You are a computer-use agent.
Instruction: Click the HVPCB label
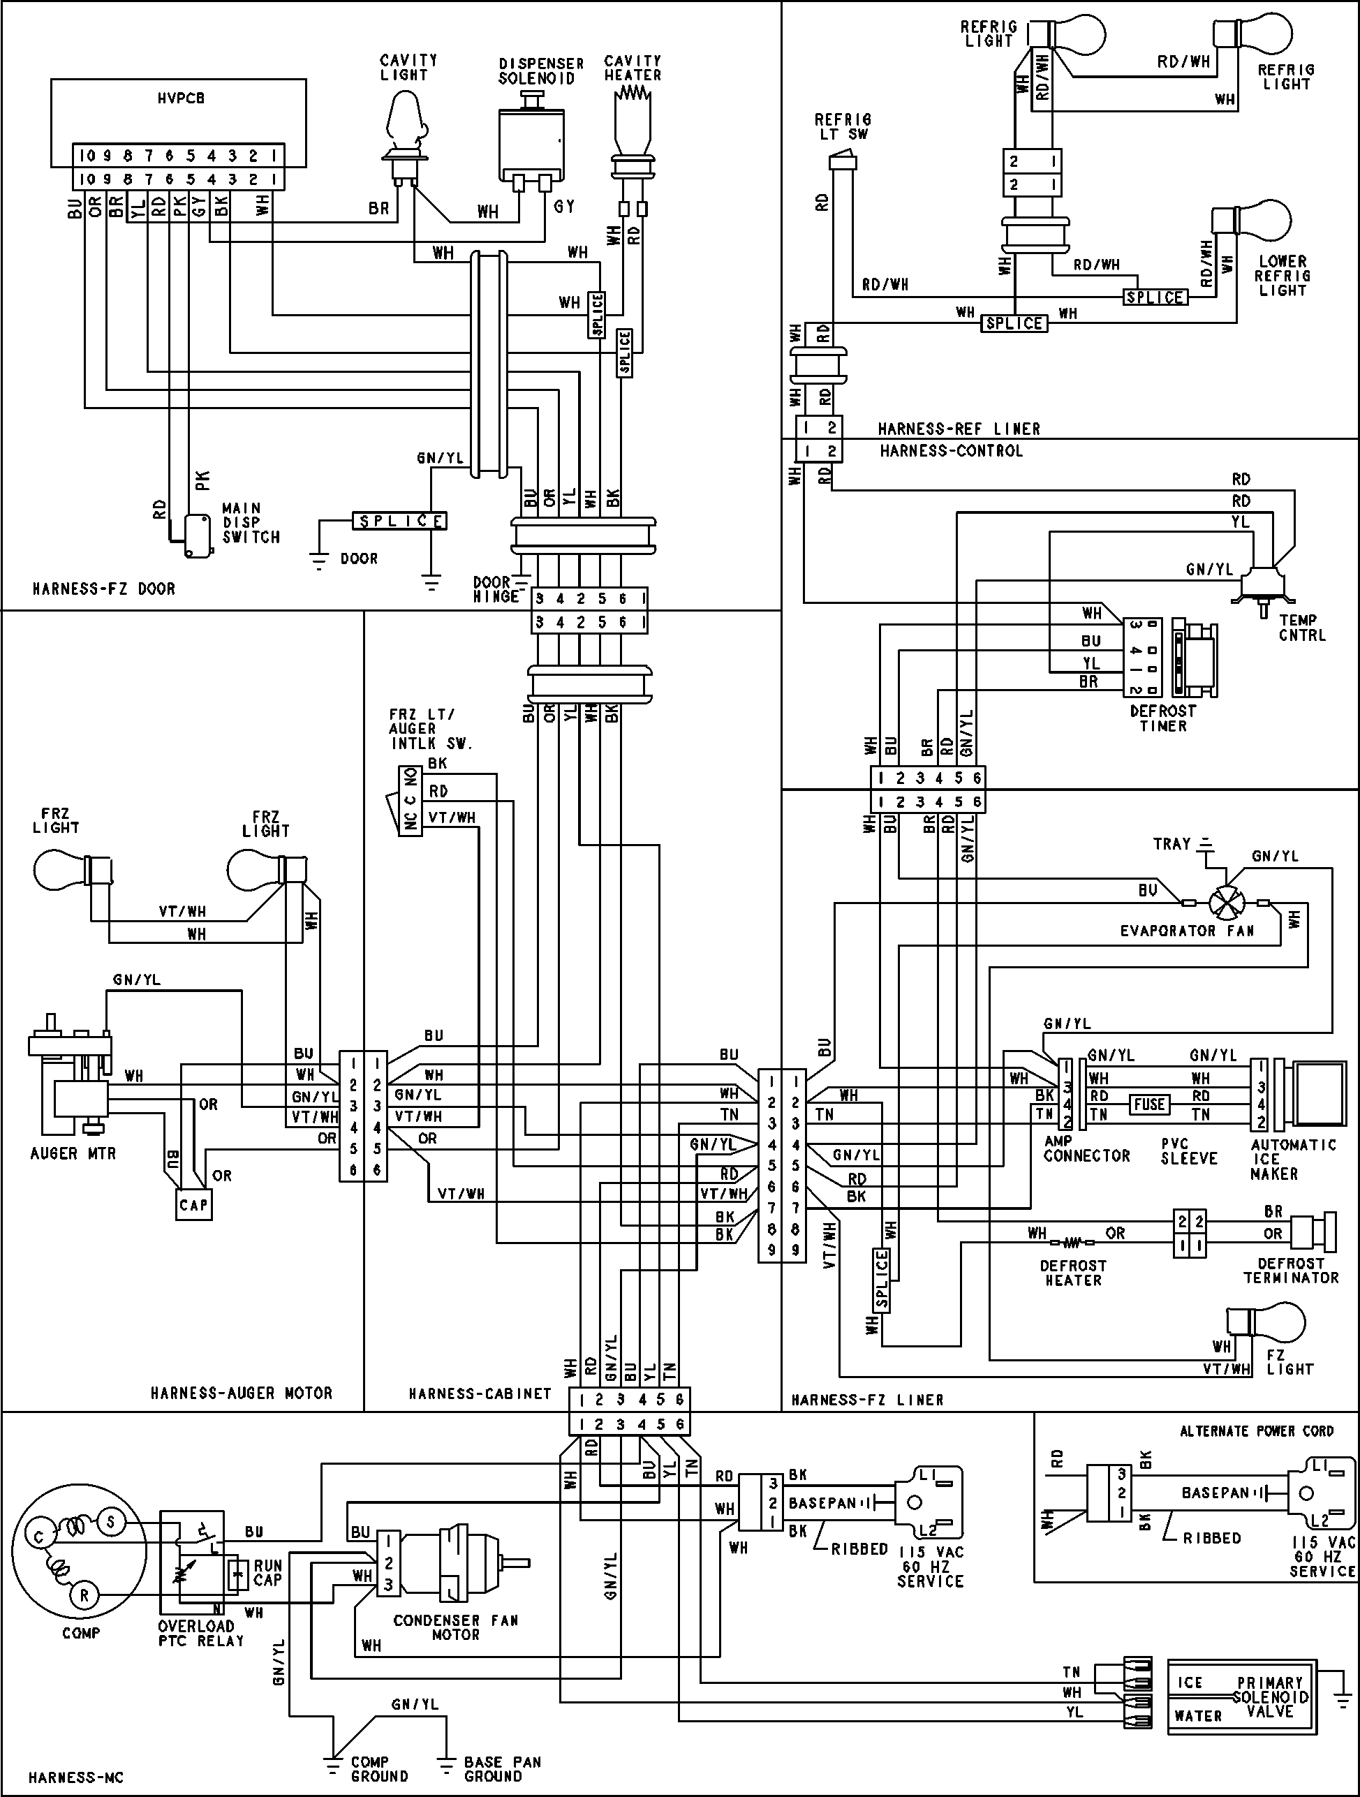coord(180,98)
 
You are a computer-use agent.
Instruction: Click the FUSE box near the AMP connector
coord(1148,1104)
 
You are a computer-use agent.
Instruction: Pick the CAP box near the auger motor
coord(193,1205)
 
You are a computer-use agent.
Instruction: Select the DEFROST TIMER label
coord(1162,718)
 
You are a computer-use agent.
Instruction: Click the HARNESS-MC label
coord(76,1777)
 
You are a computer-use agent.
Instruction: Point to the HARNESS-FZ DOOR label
coord(103,588)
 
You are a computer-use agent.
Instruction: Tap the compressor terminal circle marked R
coord(84,1594)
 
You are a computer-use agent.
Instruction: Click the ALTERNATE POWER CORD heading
coord(1256,1430)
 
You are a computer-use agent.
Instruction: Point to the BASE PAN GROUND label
coord(501,1768)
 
